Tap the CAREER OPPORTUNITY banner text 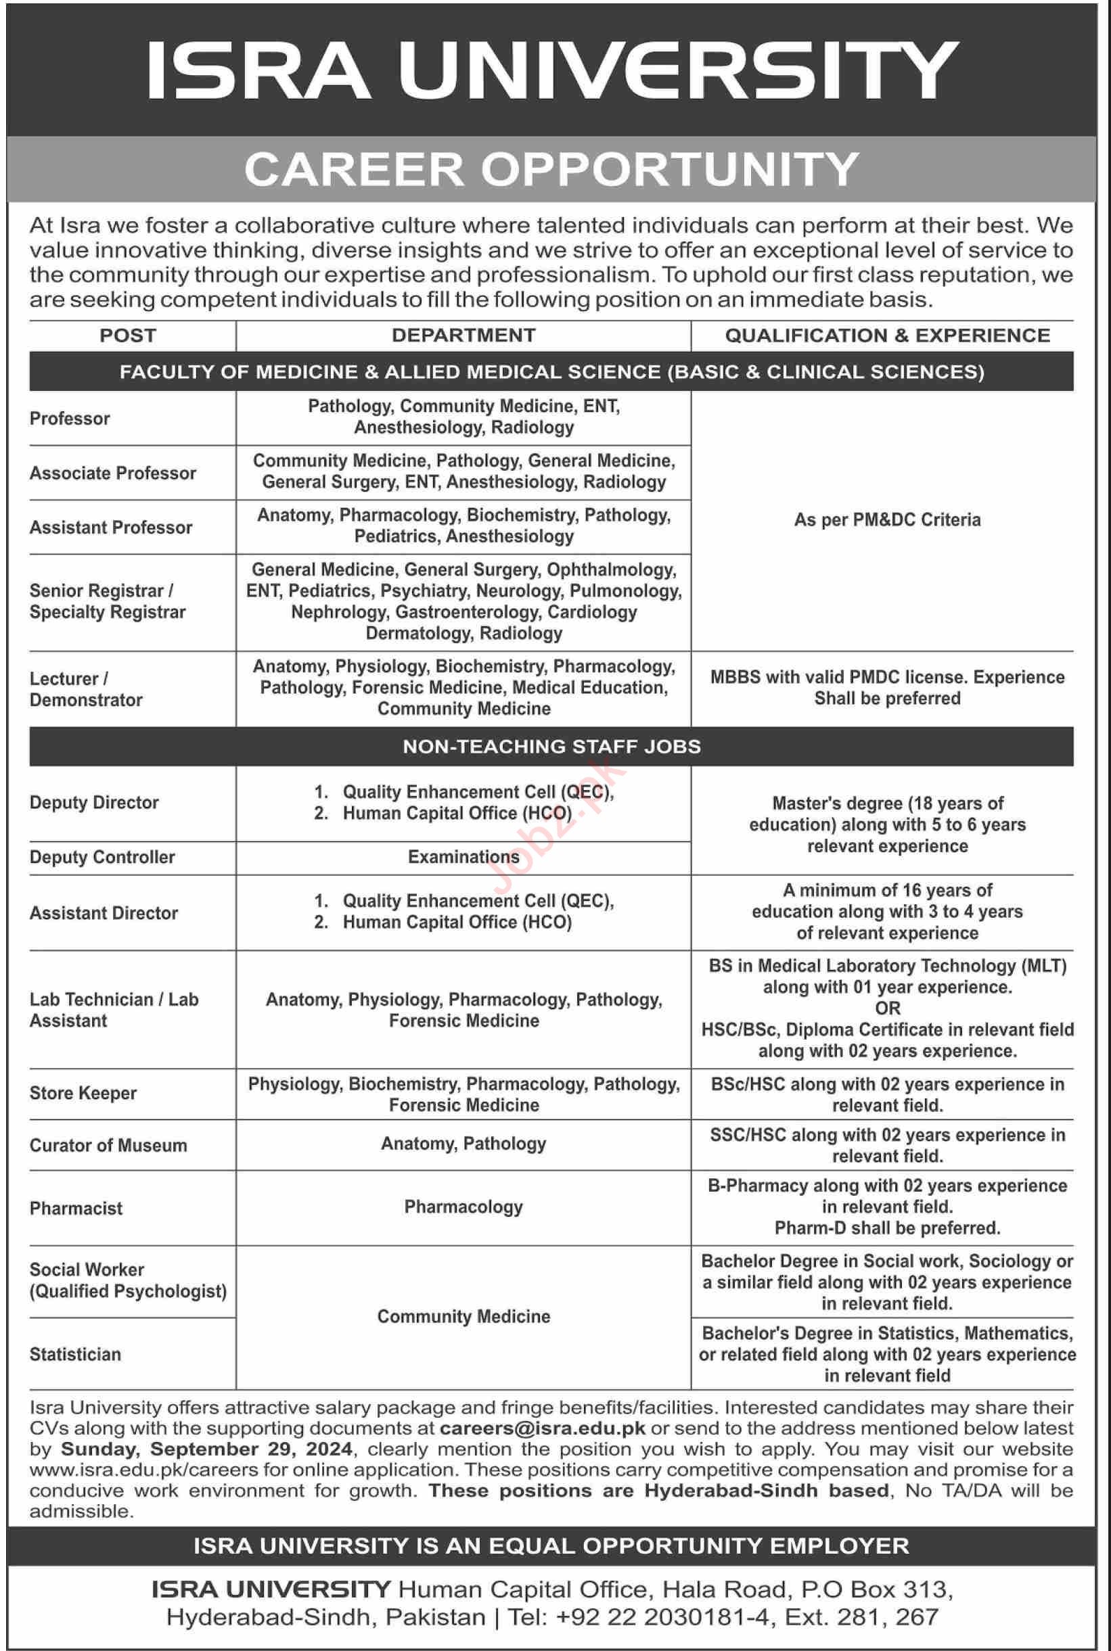[x=552, y=169]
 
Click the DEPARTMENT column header [x=463, y=335]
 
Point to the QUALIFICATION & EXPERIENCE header [x=887, y=335]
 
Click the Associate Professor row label [x=113, y=473]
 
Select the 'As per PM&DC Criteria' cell [x=887, y=520]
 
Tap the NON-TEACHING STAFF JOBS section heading [x=552, y=747]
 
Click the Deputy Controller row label [x=102, y=857]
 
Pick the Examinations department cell [x=463, y=857]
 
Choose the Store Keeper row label [x=83, y=1093]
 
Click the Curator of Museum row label [x=108, y=1145]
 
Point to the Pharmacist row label [x=76, y=1209]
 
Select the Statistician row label [x=75, y=1354]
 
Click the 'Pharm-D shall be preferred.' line [x=887, y=1228]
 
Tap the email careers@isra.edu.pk [x=542, y=1428]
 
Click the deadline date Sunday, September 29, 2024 [x=206, y=1449]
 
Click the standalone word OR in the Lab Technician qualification [x=887, y=1008]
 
